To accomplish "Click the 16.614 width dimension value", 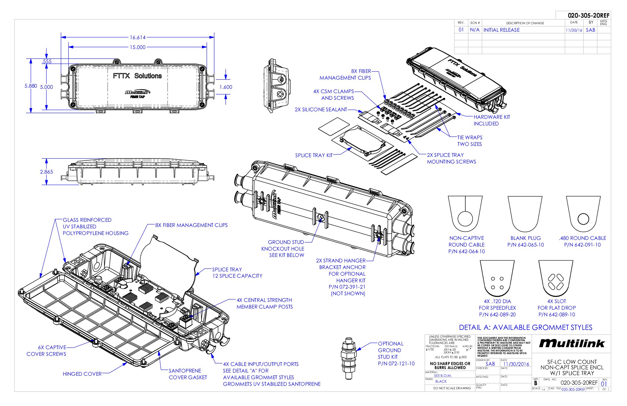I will point(138,37).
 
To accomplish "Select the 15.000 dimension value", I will point(138,47).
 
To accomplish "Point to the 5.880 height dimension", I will point(31,86).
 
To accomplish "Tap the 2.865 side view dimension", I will point(46,172).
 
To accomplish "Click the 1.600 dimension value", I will point(226,87).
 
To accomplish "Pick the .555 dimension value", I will point(46,61).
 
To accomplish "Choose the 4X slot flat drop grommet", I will point(556,280).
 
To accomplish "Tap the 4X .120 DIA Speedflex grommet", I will point(497,280).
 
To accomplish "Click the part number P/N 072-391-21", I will point(347,287).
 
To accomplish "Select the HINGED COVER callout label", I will point(82,374).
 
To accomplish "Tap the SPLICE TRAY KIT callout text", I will point(314,155).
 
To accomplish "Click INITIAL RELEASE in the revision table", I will point(501,30).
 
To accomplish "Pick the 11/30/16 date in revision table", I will point(574,30).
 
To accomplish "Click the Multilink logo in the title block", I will point(572,343).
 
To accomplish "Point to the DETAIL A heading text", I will point(525,328).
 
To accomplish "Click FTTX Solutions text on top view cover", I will point(137,76).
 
